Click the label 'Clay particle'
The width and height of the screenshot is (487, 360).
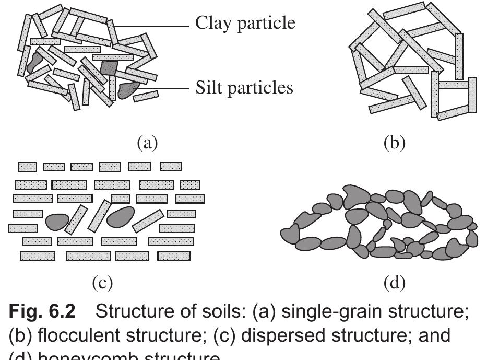[245, 22]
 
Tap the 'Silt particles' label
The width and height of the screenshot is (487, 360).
[244, 87]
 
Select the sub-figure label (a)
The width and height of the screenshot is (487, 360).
[147, 142]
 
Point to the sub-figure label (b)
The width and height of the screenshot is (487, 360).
[394, 142]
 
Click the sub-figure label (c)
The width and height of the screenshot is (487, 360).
[102, 283]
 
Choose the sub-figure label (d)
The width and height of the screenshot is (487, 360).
[394, 283]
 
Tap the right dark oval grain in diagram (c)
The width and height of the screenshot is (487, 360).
[120, 216]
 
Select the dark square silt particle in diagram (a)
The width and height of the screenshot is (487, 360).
[109, 67]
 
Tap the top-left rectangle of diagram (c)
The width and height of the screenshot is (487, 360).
[27, 167]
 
